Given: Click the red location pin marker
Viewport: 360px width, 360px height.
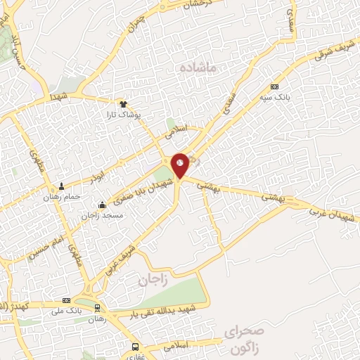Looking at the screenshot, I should coord(180,165).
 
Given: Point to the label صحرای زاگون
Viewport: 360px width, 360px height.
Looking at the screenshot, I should coord(244,337).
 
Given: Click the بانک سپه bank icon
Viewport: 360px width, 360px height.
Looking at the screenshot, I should coord(274,86).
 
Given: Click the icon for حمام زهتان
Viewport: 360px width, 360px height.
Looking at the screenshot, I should coord(62,186).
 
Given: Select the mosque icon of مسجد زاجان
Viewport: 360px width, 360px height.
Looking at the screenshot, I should coord(103,205).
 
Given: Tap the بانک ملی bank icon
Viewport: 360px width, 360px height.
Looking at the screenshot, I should coord(67,300).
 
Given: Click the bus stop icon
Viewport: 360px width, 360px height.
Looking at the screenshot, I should coord(135,347).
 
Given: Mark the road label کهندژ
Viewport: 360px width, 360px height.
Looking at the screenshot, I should coord(13,307).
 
